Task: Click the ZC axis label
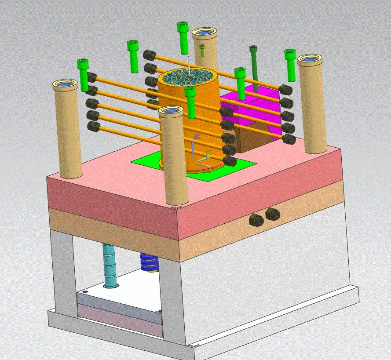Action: (197, 137)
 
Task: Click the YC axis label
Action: (208, 153)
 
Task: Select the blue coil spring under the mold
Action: (149, 263)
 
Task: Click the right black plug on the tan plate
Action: (272, 214)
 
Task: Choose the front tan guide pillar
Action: (173, 158)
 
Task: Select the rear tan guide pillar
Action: (204, 48)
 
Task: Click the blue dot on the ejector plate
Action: (85, 291)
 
